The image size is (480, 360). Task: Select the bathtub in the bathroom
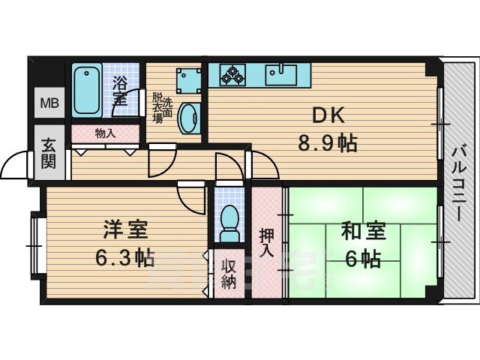click(89, 91)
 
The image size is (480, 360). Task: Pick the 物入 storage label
click(104, 133)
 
